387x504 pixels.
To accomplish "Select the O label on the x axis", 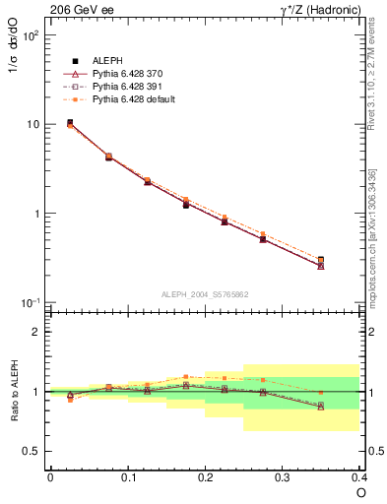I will pyautogui.click(x=360, y=491).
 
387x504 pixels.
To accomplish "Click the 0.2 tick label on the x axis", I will pyautogui.click(x=205, y=476).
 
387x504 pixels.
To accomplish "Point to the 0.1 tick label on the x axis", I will pyautogui.click(x=127, y=476).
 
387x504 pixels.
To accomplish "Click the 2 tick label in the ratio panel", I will pyautogui.click(x=36, y=332).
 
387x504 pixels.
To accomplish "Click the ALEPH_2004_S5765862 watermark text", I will pyautogui.click(x=205, y=294).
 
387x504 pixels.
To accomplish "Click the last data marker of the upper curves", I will pyautogui.click(x=321, y=261).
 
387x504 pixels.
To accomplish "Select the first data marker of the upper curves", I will pyautogui.click(x=69, y=123).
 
